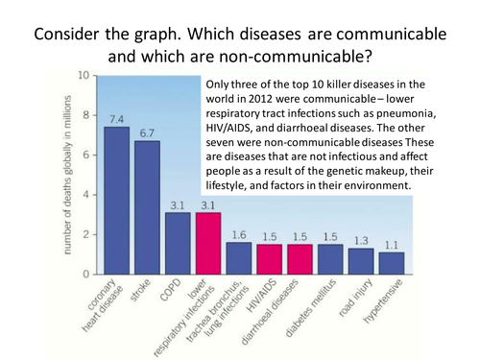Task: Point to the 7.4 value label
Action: coord(116,119)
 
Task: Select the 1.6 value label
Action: coord(239,234)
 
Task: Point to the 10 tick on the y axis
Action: coord(84,75)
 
